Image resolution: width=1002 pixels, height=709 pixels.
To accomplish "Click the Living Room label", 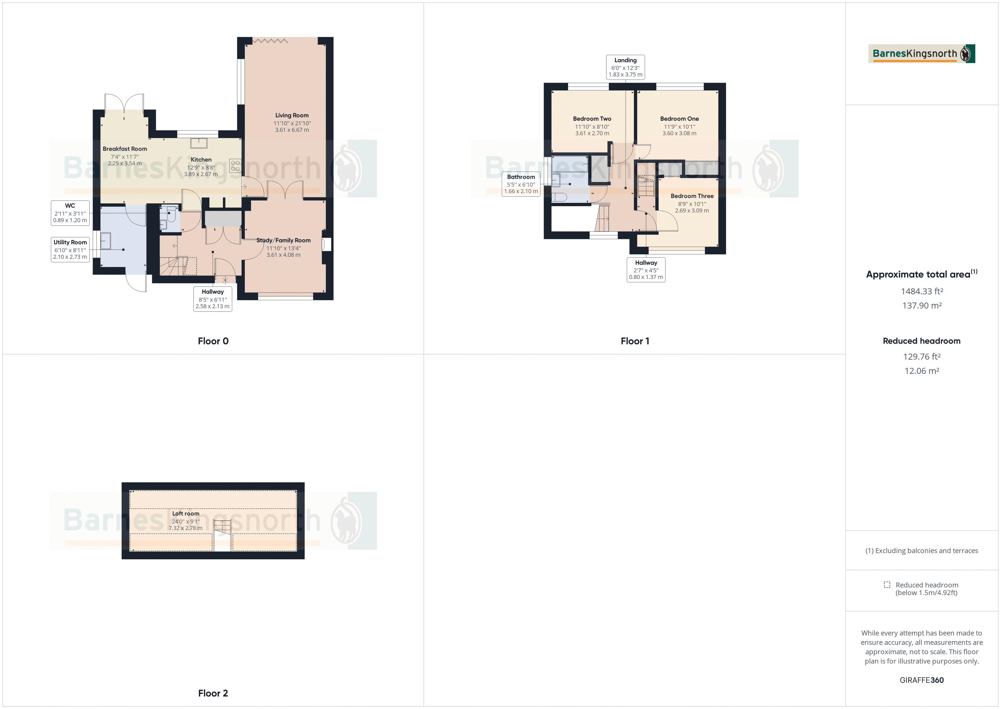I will click(x=291, y=115).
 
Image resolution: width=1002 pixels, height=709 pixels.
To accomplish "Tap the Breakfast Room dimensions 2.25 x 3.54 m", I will click(x=125, y=164).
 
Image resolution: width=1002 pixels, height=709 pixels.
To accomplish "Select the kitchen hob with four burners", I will click(x=235, y=166).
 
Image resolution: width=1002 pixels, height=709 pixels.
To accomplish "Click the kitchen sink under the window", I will click(x=199, y=143).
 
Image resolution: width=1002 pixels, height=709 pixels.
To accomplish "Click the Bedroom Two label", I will click(x=592, y=119).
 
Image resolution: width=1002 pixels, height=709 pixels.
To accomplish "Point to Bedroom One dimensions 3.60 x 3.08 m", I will click(x=679, y=134).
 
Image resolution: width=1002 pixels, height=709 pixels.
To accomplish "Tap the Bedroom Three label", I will click(x=692, y=196).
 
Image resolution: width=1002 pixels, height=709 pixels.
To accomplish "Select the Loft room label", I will click(x=185, y=513).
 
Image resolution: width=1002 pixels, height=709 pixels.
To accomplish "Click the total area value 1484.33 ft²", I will click(x=921, y=291).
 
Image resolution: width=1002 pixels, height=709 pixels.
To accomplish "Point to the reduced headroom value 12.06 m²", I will click(x=921, y=371).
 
